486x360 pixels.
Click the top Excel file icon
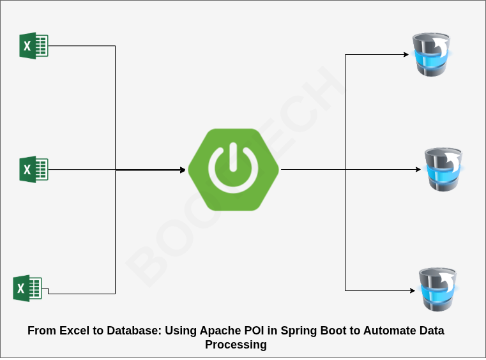[x=34, y=45]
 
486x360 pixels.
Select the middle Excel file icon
[x=34, y=169]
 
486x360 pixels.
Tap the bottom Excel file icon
[x=27, y=288]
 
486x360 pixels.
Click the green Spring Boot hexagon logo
[x=233, y=169]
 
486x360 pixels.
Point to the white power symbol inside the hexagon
[x=233, y=167]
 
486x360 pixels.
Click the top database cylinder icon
[x=431, y=54]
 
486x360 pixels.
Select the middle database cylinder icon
[x=444, y=169]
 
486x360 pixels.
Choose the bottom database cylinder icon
[x=437, y=289]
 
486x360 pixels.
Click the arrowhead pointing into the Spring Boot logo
[x=183, y=170]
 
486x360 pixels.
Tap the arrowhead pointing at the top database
[x=406, y=54]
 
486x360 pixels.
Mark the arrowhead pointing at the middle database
[x=418, y=169]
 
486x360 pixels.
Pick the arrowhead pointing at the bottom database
[x=412, y=290]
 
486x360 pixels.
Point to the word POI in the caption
[x=254, y=331]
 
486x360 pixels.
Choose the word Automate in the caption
[x=390, y=331]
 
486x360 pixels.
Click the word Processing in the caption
[x=236, y=345]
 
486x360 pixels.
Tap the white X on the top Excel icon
[x=27, y=46]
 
